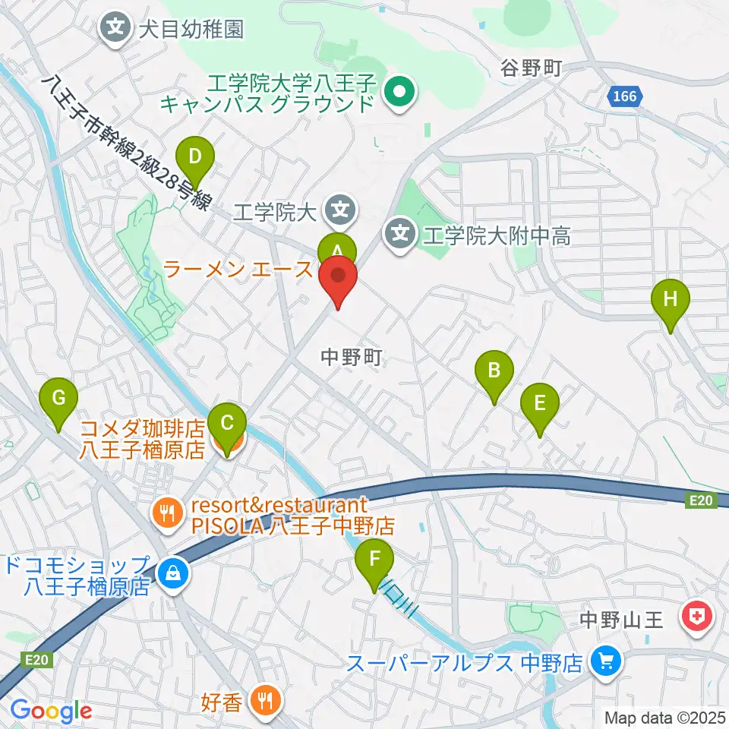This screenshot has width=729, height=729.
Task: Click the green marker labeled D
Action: coord(195,158)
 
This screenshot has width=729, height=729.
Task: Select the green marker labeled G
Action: coord(62,397)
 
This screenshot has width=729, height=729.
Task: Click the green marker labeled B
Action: coord(494,371)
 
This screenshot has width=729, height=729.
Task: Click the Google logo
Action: coord(51,712)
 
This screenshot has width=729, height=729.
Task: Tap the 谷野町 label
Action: coord(530,69)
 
